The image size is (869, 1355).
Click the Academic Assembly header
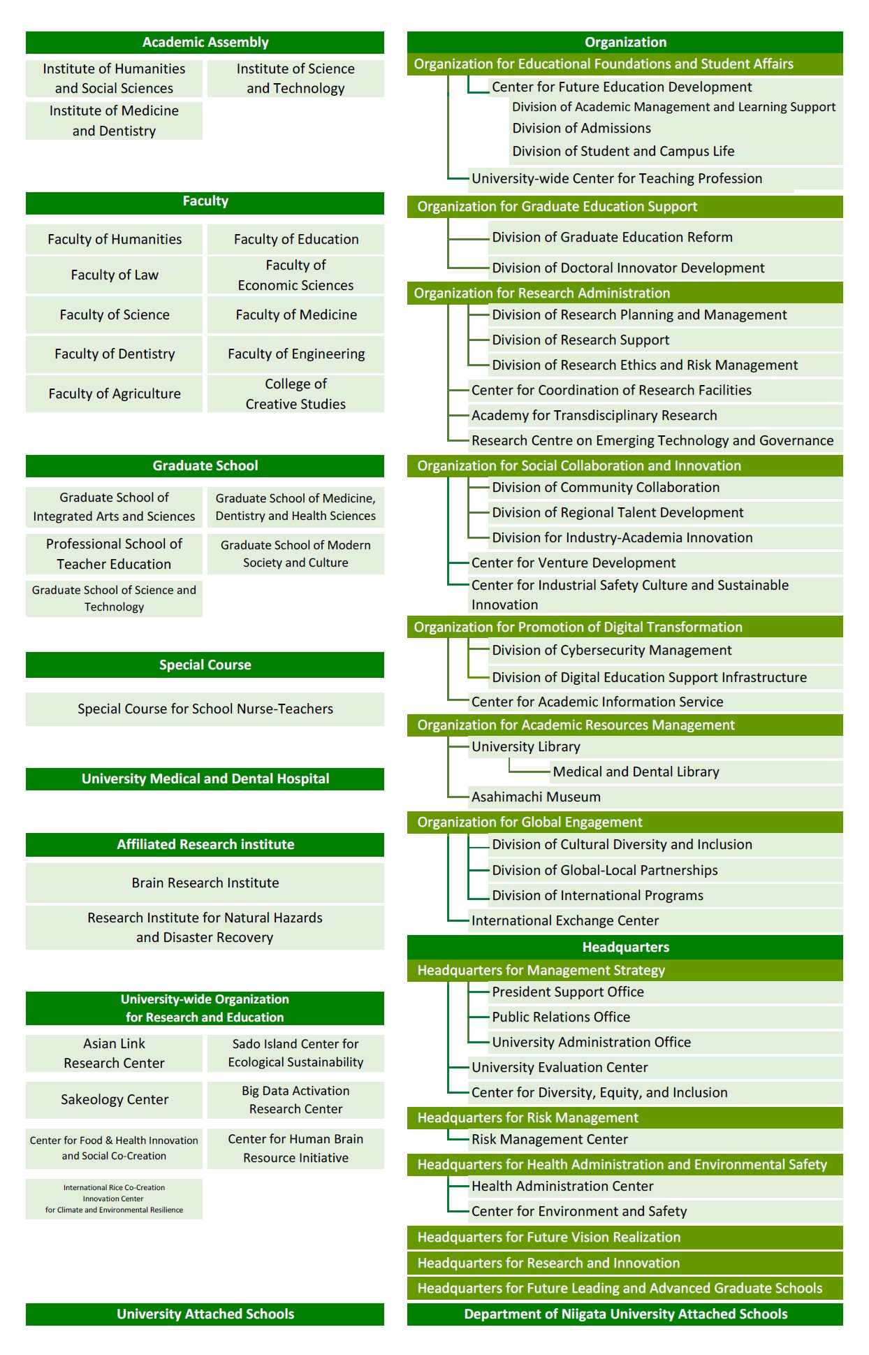(205, 43)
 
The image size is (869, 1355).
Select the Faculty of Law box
(115, 275)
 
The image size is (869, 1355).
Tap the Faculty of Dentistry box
(115, 354)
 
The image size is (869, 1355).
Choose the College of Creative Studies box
(295, 393)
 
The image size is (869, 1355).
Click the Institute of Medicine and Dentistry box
(114, 121)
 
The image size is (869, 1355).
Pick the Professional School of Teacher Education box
(114, 553)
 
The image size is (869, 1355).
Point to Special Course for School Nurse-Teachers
(205, 709)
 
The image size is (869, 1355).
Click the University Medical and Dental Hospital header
(205, 778)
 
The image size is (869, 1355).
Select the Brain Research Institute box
(205, 883)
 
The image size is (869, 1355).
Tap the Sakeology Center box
(115, 1099)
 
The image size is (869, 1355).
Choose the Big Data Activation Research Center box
(295, 1099)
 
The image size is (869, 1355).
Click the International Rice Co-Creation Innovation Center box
(114, 1198)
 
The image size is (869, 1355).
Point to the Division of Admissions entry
(581, 129)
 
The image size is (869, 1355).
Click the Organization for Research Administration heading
(541, 293)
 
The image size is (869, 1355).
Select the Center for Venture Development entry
(573, 563)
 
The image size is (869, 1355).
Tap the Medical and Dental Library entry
(636, 771)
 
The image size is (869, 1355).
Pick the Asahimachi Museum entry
(536, 797)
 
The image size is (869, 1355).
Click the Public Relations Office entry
(560, 1017)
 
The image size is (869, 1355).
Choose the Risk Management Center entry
(549, 1139)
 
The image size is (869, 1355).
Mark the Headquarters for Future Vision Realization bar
(548, 1237)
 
